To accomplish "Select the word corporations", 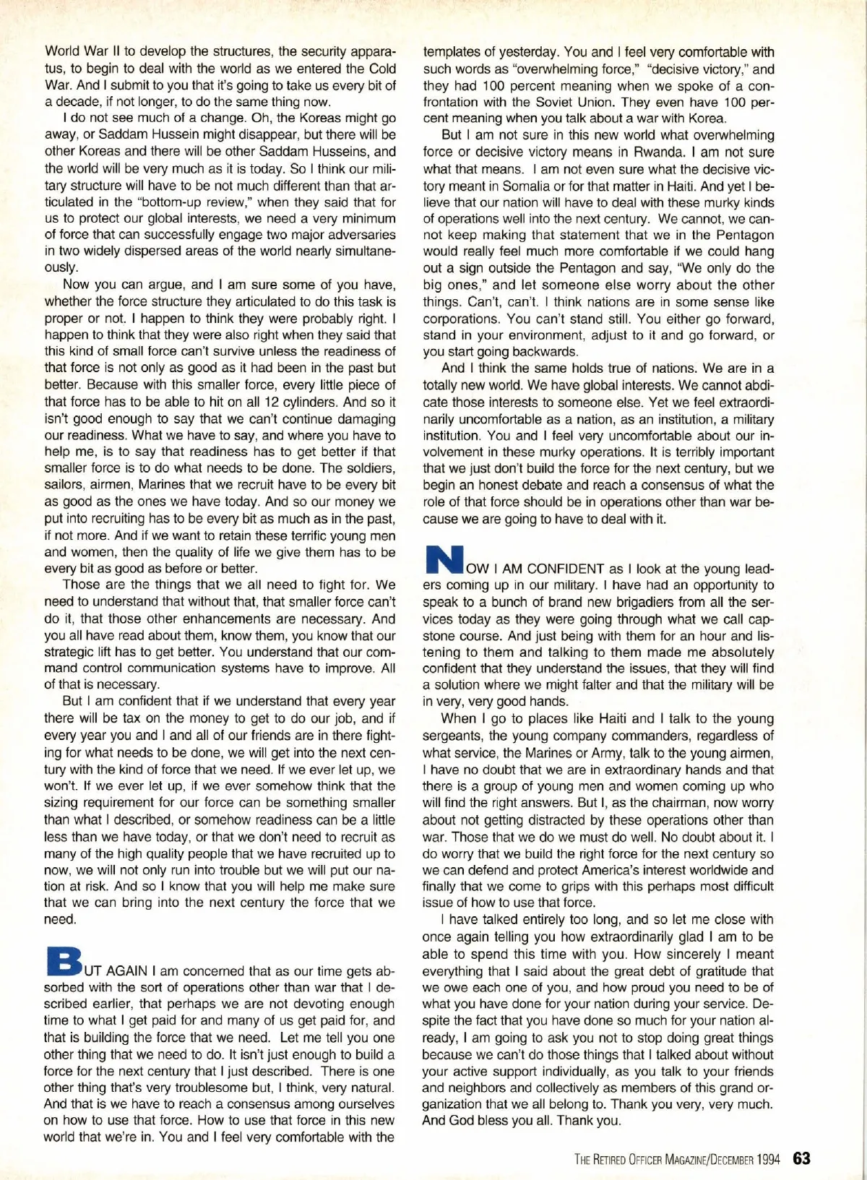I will [458, 319].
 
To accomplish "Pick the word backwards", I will [549, 352].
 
